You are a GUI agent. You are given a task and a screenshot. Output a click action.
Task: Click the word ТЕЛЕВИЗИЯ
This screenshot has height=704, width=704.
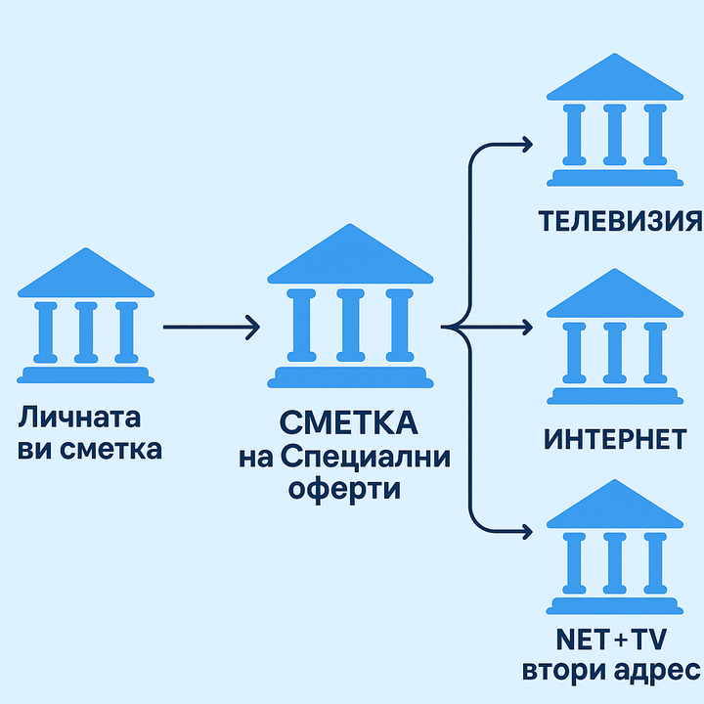pyautogui.click(x=621, y=220)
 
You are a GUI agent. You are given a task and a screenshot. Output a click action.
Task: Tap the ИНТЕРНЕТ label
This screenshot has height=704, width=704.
pyautogui.click(x=615, y=439)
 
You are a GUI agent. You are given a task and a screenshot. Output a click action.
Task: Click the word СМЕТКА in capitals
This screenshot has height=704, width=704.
pyautogui.click(x=348, y=423)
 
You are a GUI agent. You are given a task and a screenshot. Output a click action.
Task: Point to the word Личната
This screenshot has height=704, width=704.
pyautogui.click(x=79, y=418)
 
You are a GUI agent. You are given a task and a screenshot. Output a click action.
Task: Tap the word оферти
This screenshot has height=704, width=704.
pyautogui.click(x=344, y=489)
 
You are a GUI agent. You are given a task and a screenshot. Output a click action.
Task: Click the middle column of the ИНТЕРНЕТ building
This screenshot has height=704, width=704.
pyautogui.click(x=614, y=352)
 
